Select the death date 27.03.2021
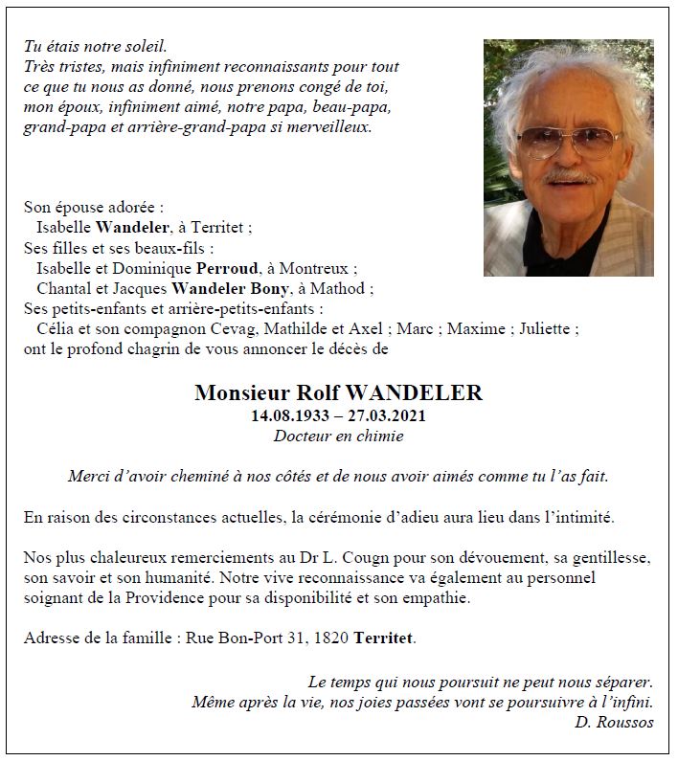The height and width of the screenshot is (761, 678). tap(387, 415)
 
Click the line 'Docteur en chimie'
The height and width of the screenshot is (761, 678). tap(338, 436)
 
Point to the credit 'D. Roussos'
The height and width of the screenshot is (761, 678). tap(614, 723)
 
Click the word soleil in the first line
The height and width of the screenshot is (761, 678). tap(146, 46)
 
